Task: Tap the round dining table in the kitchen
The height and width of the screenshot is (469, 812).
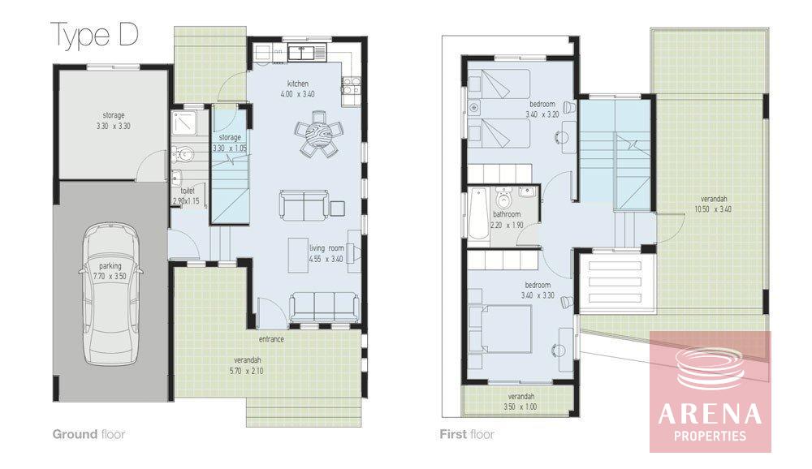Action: tap(317, 133)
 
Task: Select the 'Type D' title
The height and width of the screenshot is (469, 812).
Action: tap(95, 35)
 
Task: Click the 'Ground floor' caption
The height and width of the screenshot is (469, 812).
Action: tap(89, 434)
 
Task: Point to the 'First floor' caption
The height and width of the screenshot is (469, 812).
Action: tap(467, 434)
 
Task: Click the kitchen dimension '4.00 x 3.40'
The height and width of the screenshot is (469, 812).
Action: tap(298, 94)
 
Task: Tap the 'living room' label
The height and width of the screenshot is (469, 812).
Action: tap(326, 248)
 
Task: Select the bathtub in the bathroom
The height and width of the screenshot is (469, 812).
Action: tap(478, 213)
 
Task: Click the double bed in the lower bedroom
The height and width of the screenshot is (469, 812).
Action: tap(501, 329)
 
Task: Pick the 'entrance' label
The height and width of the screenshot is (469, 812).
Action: tap(272, 340)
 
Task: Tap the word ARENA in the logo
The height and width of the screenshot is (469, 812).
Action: tap(710, 414)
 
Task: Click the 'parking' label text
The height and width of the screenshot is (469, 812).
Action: tap(110, 266)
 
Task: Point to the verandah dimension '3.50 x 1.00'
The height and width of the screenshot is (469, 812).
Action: tap(520, 407)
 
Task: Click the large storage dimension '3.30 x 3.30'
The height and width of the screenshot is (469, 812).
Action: tap(114, 127)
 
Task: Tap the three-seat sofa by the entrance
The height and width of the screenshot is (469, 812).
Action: tap(324, 307)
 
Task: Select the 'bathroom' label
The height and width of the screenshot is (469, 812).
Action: tap(507, 214)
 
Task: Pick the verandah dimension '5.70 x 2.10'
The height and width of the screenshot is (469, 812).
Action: tap(247, 371)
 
